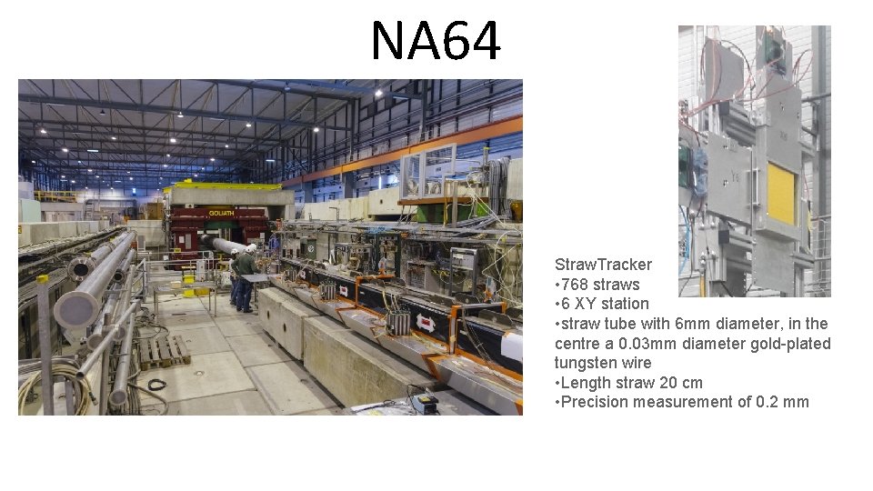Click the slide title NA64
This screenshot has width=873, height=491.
436,42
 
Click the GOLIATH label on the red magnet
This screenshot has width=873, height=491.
221,212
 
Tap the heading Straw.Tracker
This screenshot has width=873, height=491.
603,265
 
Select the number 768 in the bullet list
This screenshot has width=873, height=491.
576,285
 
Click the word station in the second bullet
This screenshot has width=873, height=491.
626,304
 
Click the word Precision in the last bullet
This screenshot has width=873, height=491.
597,402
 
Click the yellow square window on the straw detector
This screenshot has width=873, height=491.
780,194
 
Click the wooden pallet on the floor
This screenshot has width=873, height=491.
164,351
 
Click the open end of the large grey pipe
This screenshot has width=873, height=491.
74,309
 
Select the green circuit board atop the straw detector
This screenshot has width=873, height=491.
774,45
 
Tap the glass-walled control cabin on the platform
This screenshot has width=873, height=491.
427,173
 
